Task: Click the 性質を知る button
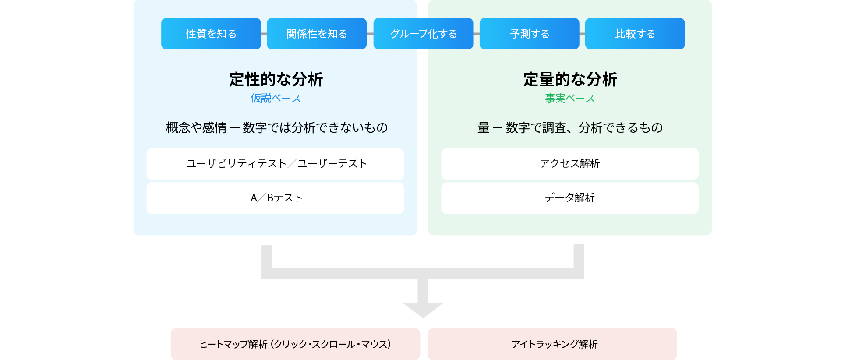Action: click(211, 34)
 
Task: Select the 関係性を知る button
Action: click(316, 34)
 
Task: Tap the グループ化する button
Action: click(423, 34)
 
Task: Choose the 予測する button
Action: click(529, 34)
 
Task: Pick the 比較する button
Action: click(635, 34)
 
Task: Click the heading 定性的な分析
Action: click(276, 80)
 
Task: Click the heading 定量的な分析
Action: click(570, 80)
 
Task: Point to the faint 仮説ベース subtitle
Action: click(276, 99)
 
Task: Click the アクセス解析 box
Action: click(569, 164)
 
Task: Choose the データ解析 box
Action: click(569, 198)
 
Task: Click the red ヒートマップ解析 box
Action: click(295, 344)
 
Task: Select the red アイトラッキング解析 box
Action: click(552, 344)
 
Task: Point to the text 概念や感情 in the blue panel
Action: click(196, 128)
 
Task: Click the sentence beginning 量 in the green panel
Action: click(570, 128)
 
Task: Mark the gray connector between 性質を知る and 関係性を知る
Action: click(264, 34)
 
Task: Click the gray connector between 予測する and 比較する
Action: click(582, 34)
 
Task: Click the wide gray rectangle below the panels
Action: click(422, 261)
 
